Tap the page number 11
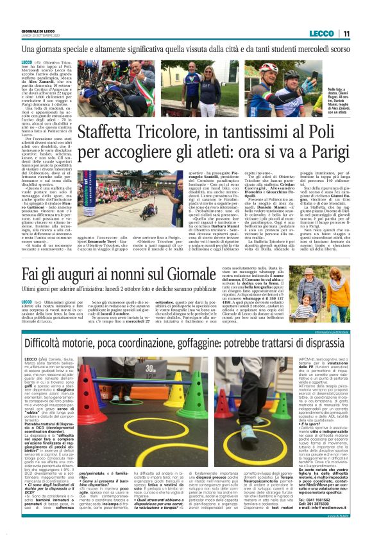pos(346,33)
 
